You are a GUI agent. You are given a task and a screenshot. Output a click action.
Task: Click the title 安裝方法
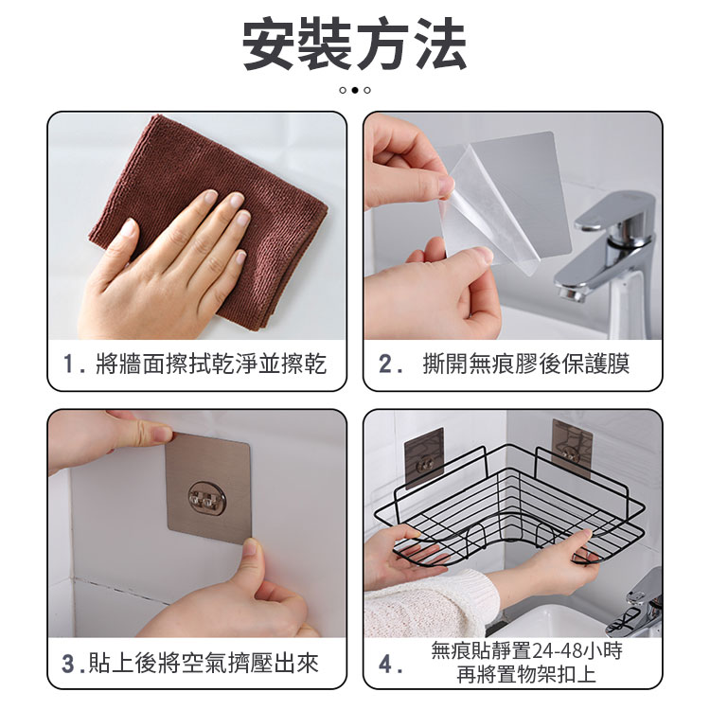(x=355, y=44)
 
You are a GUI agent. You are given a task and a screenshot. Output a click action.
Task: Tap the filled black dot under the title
(x=355, y=90)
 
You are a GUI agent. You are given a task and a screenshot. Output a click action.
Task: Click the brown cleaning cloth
(x=208, y=218)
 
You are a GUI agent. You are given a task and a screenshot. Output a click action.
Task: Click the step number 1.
(x=69, y=364)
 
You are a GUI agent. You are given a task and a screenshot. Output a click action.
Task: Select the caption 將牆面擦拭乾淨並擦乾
(x=211, y=364)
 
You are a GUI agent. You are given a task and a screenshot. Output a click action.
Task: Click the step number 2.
(x=385, y=364)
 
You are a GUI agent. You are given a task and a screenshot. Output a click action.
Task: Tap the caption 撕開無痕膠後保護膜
(x=525, y=364)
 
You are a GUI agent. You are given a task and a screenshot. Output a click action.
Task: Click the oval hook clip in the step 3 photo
(x=207, y=499)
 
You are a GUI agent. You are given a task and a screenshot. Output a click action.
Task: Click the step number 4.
(x=385, y=665)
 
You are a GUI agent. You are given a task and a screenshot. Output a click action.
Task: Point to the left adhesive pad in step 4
(x=424, y=457)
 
